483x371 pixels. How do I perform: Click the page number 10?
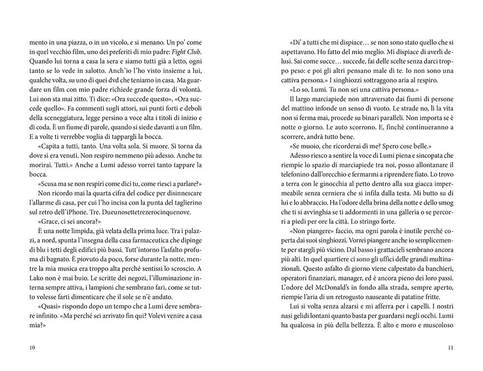coord(32,347)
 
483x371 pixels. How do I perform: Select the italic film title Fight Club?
coord(188,52)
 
